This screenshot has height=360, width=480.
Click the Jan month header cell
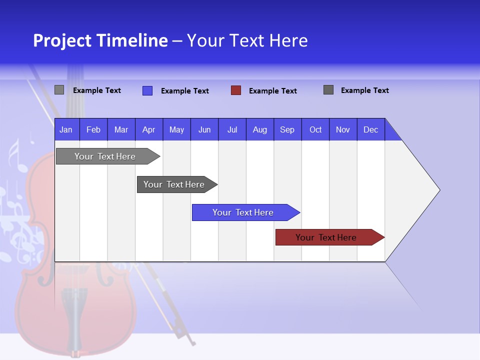tap(66, 129)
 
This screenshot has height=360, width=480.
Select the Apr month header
tap(148, 129)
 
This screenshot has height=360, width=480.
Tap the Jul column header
tap(232, 129)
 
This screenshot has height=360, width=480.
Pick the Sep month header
tap(287, 129)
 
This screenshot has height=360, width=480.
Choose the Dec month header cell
tap(370, 129)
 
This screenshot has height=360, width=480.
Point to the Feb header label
tap(93, 129)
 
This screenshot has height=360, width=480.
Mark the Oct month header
tap(315, 129)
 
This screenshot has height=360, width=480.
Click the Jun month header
tap(204, 129)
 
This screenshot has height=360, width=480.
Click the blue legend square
tap(147, 90)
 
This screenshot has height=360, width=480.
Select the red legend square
tap(236, 90)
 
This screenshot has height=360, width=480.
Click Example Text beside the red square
tap(272, 91)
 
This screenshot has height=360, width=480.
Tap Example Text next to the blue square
tap(184, 91)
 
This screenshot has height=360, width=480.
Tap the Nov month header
tap(343, 129)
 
